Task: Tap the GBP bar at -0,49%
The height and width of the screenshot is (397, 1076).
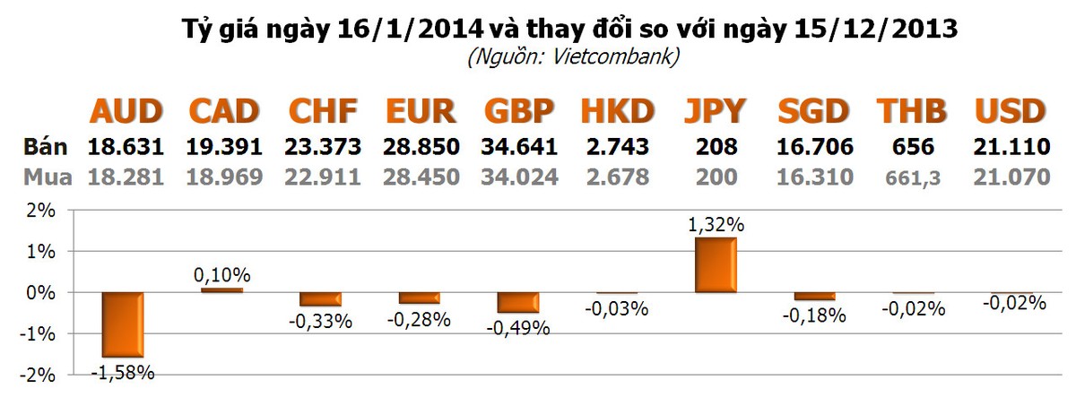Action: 517,302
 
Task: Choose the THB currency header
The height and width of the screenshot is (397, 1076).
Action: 911,111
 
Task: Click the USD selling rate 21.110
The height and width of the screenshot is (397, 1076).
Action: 1011,147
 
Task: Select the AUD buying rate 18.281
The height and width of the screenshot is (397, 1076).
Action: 126,177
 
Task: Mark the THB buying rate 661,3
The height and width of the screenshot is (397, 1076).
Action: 912,177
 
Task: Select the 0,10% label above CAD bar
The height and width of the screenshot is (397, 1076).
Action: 221,274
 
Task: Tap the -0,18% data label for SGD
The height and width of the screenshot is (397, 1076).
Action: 813,315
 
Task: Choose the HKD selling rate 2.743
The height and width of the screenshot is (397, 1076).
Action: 616,147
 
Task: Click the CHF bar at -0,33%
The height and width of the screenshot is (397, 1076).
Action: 320,299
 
